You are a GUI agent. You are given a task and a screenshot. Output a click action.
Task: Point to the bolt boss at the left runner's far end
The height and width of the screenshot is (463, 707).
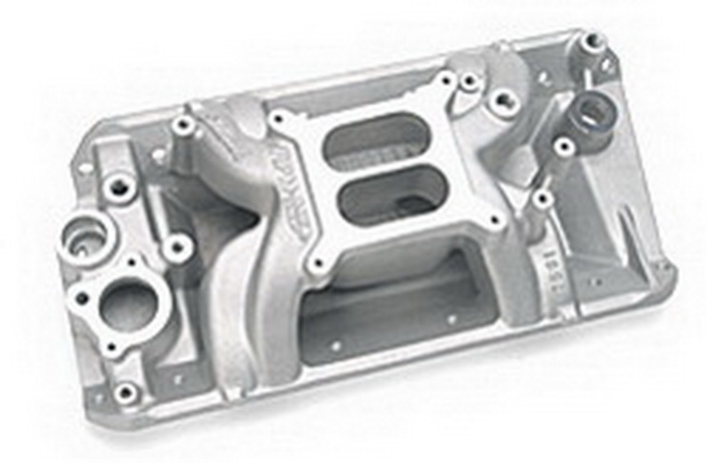(183, 125)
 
